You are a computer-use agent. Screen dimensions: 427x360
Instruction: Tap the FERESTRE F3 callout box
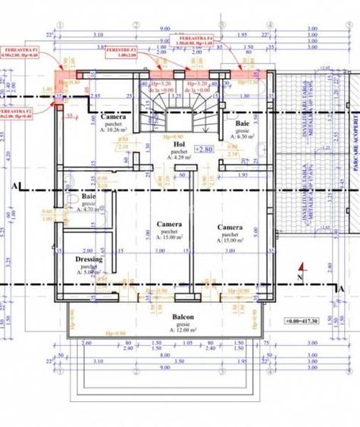coord(121,52)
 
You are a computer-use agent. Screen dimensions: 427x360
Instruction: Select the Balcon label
coord(182,317)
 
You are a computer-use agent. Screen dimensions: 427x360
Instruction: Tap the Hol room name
coord(180,142)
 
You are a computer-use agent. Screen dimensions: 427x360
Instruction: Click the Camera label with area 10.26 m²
coord(112,118)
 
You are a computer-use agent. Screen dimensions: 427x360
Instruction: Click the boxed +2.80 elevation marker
coord(205,150)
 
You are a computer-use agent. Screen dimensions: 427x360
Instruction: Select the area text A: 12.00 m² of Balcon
coord(182,332)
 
